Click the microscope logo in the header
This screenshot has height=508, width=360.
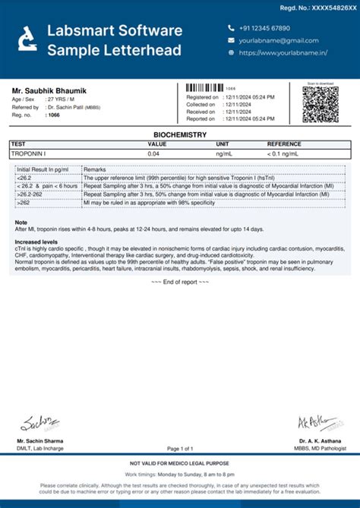coord(27,39)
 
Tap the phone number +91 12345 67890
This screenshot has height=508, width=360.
coord(264,27)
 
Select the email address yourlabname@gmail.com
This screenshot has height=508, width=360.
coord(278,40)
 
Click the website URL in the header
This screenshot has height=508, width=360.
coord(283,53)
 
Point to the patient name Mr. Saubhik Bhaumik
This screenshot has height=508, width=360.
coord(49,91)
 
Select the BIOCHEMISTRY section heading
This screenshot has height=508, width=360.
coord(180,134)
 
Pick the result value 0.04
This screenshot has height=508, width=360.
coord(153,153)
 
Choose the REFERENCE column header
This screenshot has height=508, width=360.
coord(284,144)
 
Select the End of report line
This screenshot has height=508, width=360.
coord(179,282)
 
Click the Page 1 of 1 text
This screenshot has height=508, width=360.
coord(180,449)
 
